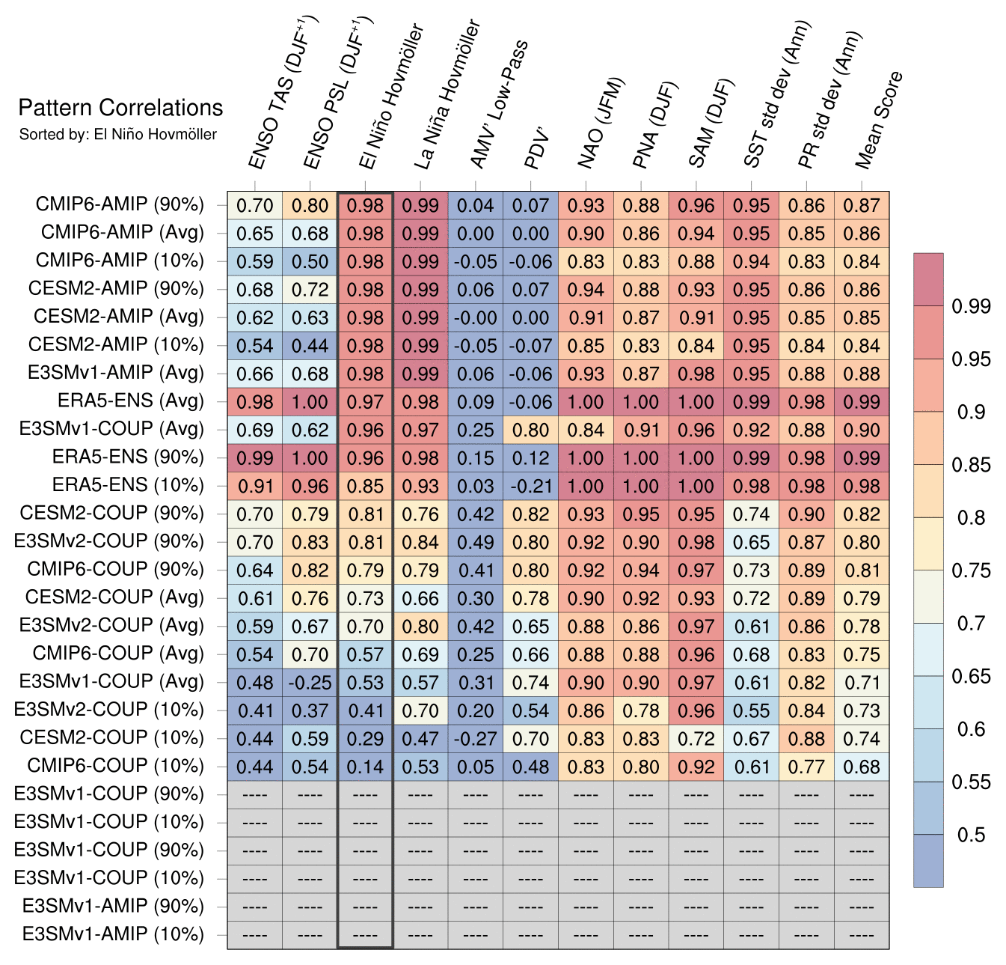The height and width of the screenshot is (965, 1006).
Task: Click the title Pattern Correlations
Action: click(x=120, y=108)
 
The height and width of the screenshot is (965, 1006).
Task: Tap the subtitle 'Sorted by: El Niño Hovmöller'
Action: click(x=117, y=135)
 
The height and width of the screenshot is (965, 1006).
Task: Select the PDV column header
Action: click(x=537, y=150)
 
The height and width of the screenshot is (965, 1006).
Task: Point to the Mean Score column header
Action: click(x=880, y=120)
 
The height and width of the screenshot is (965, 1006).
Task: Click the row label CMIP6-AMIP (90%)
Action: click(x=120, y=205)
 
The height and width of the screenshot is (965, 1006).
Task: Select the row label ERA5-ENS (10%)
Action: click(x=128, y=485)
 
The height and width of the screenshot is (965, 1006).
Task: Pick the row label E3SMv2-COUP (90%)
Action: click(x=109, y=541)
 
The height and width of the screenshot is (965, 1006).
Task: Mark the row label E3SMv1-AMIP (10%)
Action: click(x=113, y=934)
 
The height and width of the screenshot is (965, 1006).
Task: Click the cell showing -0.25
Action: click(x=310, y=683)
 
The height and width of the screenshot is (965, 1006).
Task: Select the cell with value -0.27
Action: click(x=475, y=739)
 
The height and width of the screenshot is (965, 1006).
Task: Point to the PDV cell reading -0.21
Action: click(x=530, y=486)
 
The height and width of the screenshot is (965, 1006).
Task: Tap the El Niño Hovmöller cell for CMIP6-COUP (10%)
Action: click(x=365, y=767)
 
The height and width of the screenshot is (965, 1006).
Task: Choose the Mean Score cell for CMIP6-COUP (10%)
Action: click(x=862, y=767)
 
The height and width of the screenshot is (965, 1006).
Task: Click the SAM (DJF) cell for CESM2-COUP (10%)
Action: click(x=696, y=739)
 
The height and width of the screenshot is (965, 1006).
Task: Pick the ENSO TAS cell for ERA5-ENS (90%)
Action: click(x=255, y=458)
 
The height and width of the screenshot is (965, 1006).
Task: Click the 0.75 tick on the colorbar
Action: click(x=971, y=570)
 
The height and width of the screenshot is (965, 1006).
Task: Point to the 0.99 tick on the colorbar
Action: click(x=971, y=306)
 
